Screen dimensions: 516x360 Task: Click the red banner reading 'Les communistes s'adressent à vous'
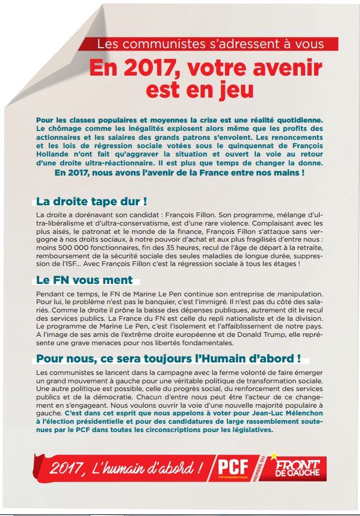click(211, 44)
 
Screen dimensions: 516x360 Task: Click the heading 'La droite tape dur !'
click(92, 201)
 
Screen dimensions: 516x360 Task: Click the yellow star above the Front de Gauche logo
click(274, 455)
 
